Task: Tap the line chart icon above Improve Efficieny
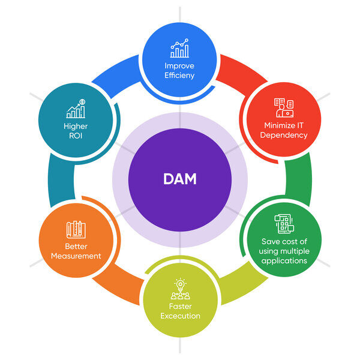click(179, 49)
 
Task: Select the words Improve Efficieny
click(180, 71)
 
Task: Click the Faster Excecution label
click(180, 311)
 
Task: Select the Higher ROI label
click(76, 131)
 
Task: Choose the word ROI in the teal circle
click(76, 136)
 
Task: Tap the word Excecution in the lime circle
click(180, 316)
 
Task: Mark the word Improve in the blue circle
click(180, 66)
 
